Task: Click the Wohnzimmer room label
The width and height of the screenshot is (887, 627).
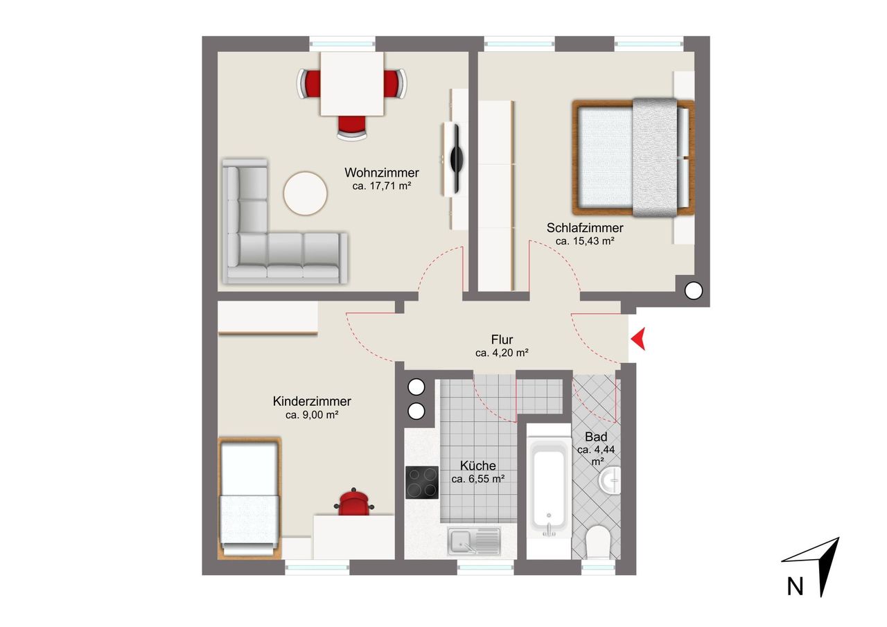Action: click(381, 173)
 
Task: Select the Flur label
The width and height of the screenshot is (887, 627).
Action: click(502, 339)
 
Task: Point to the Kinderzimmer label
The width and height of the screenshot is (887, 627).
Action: click(312, 401)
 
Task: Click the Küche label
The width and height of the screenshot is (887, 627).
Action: click(477, 466)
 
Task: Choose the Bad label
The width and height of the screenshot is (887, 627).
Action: click(596, 436)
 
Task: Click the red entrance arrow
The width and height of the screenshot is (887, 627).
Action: click(638, 339)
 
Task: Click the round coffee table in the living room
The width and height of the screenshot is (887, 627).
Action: click(306, 193)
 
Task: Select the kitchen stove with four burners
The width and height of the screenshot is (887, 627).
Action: click(422, 482)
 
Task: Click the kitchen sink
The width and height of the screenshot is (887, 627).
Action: click(473, 541)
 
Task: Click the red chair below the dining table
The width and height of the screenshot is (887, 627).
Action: click(352, 127)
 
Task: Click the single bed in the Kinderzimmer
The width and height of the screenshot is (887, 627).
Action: click(249, 498)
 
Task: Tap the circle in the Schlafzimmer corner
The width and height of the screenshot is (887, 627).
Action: click(694, 292)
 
